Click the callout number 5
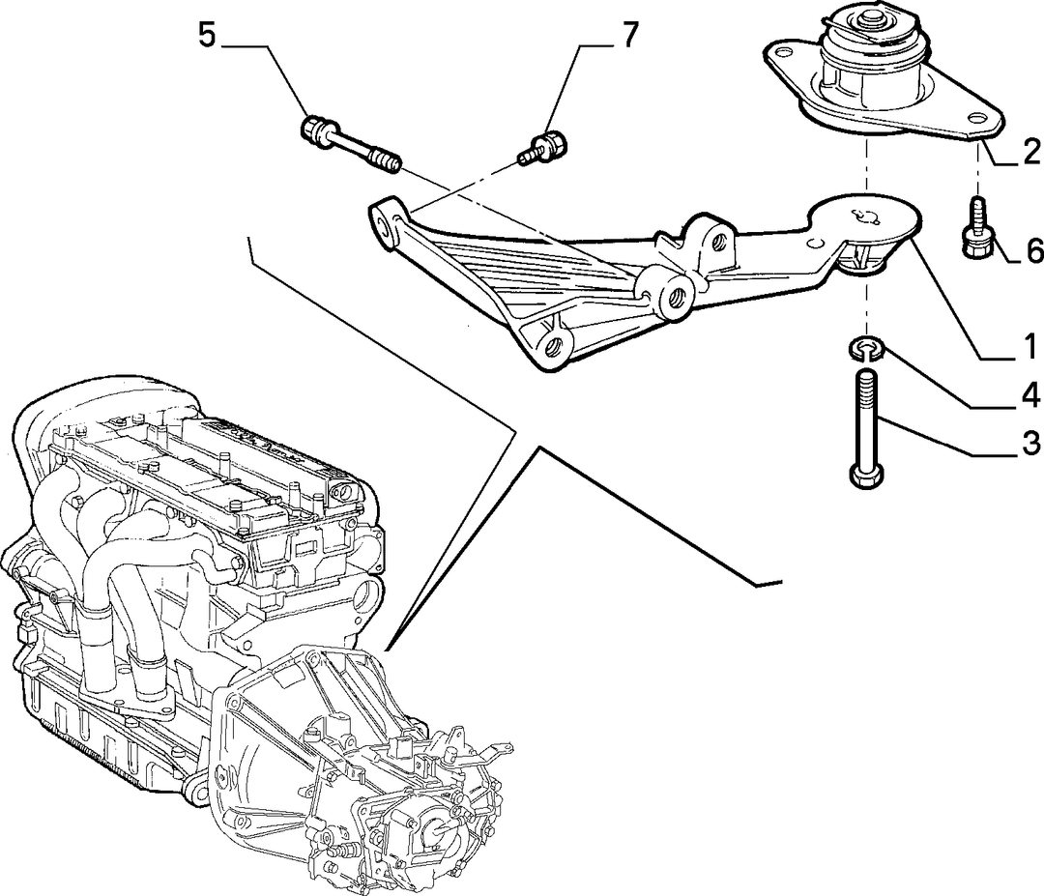(x=207, y=34)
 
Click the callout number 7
(x=629, y=34)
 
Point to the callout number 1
(x=1030, y=346)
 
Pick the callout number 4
(x=1030, y=395)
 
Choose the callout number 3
(x=1030, y=444)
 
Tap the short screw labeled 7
(x=542, y=150)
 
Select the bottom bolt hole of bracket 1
(x=555, y=345)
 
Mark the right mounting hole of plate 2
(x=976, y=118)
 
